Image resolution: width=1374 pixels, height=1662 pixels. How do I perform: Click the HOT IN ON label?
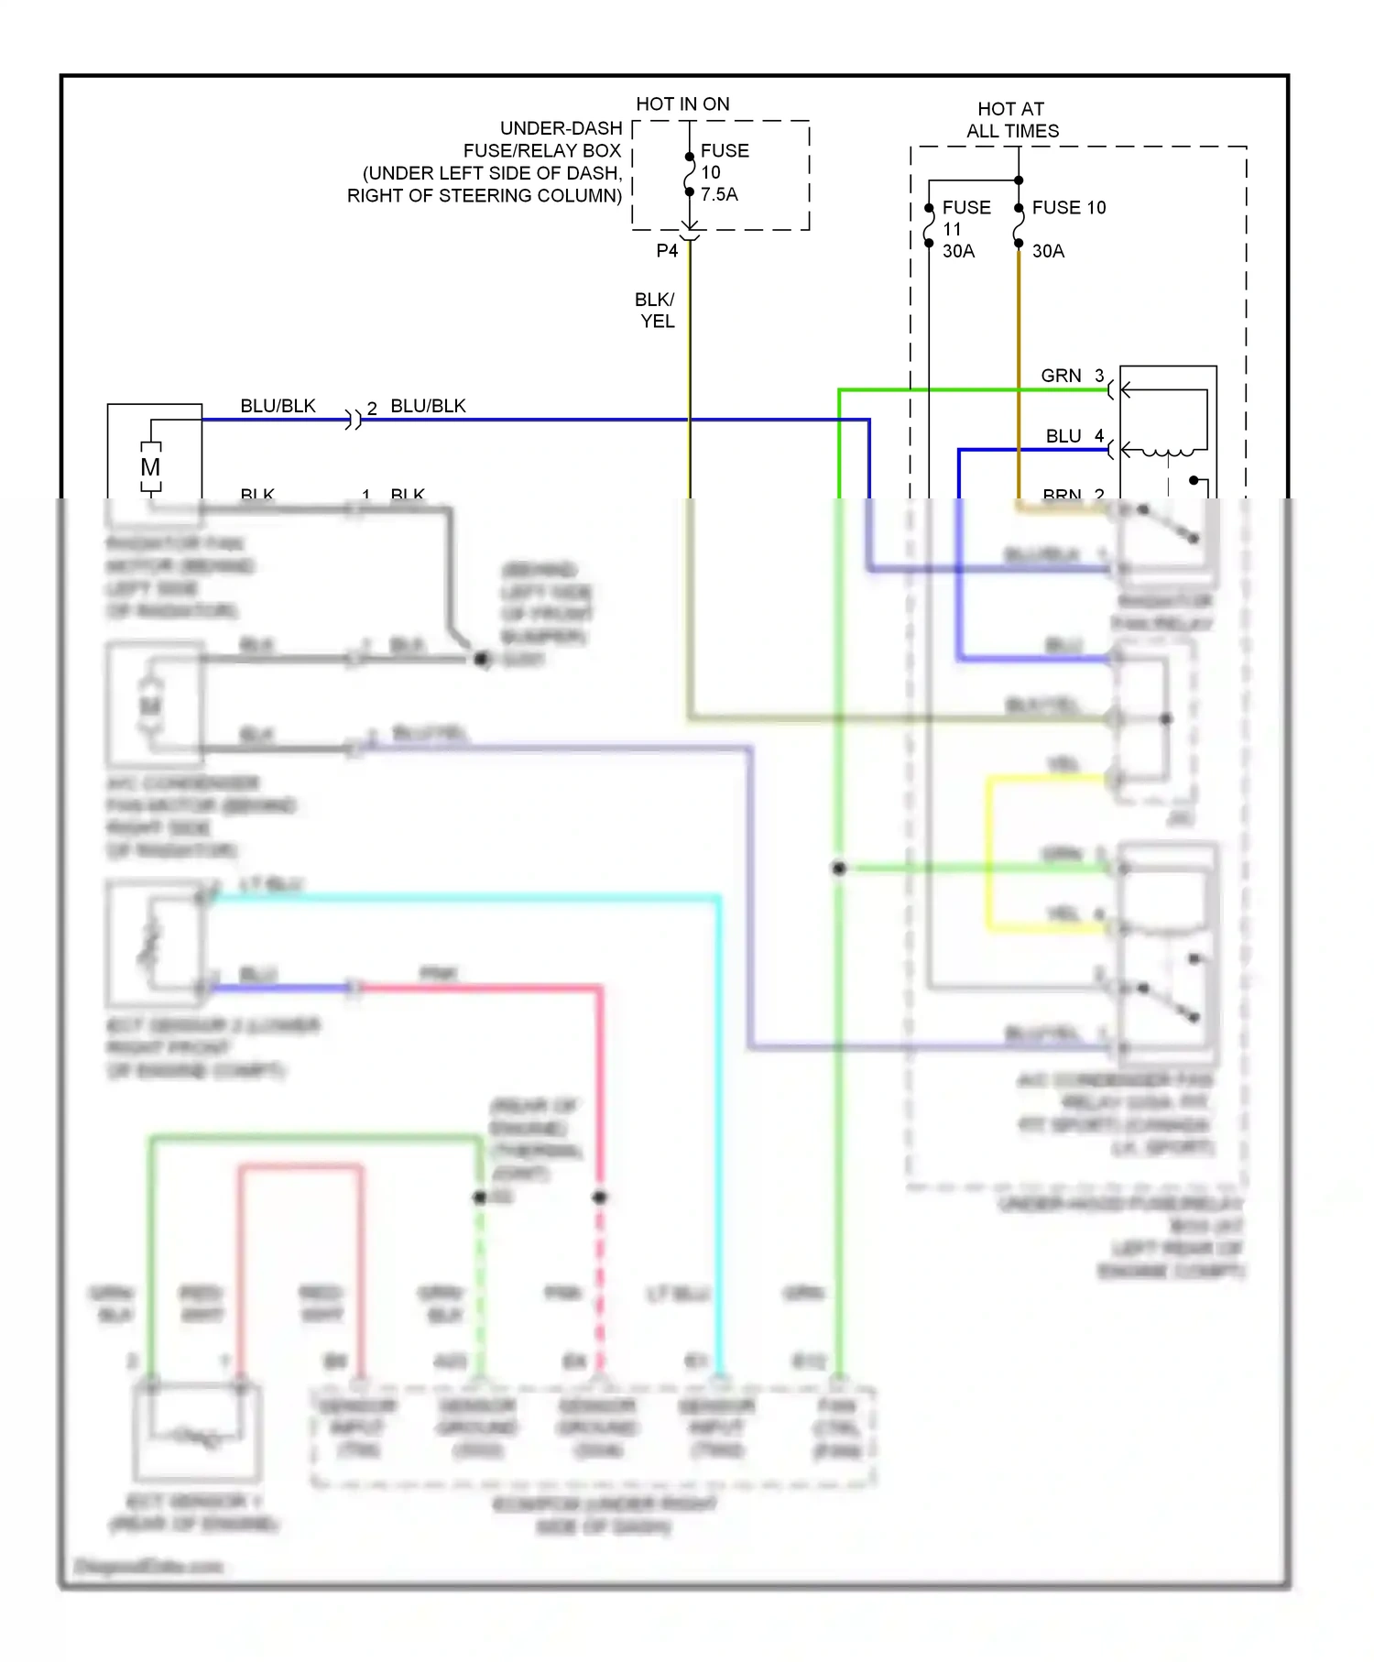tap(682, 104)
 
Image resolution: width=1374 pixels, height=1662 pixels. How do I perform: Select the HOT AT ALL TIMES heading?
tap(1011, 120)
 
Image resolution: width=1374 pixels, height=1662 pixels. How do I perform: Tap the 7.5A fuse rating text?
tap(719, 194)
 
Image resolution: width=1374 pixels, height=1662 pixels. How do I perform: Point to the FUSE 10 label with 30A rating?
tap(1068, 208)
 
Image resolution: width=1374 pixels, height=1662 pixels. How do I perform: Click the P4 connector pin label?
tap(667, 251)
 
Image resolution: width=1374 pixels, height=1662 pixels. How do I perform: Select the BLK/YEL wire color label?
tap(656, 311)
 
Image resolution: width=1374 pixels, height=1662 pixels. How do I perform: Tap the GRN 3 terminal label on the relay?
tap(1072, 376)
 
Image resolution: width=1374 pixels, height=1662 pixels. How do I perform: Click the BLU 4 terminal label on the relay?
tap(1074, 436)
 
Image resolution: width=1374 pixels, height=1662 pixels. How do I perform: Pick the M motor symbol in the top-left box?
tap(150, 467)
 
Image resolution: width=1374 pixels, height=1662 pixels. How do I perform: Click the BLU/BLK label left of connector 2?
tap(278, 406)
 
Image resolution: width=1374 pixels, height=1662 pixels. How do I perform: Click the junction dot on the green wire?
tap(839, 868)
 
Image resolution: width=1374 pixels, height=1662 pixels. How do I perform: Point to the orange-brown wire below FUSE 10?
tap(1019, 366)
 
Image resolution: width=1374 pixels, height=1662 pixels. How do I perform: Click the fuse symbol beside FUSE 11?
tap(929, 226)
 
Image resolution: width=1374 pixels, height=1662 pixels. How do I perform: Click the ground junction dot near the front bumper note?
tap(482, 659)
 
